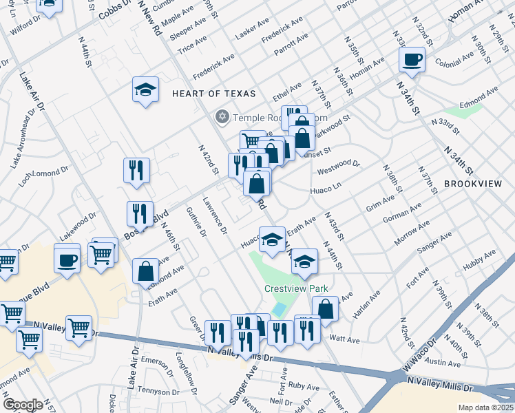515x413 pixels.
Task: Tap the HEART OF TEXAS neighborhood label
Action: tap(213, 94)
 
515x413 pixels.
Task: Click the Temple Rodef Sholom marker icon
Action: tap(222, 116)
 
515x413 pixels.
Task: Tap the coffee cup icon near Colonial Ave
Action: tap(412, 60)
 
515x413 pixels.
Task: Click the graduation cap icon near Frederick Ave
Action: tap(145, 89)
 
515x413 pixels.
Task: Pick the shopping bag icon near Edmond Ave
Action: tap(147, 271)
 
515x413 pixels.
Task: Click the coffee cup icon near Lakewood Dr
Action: tap(67, 260)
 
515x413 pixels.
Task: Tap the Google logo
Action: tap(24, 405)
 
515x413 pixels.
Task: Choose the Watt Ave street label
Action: tap(345, 339)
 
